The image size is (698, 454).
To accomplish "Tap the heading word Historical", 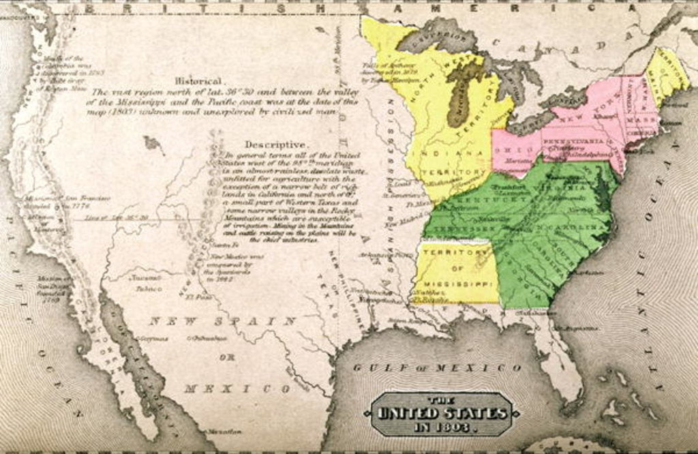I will coord(198,80).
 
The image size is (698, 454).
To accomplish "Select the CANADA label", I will coord(576,46).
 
